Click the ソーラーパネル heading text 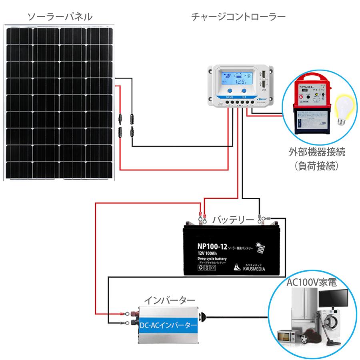click(x=60, y=17)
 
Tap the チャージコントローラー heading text click(x=238, y=17)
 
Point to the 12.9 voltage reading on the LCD click(x=241, y=82)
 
